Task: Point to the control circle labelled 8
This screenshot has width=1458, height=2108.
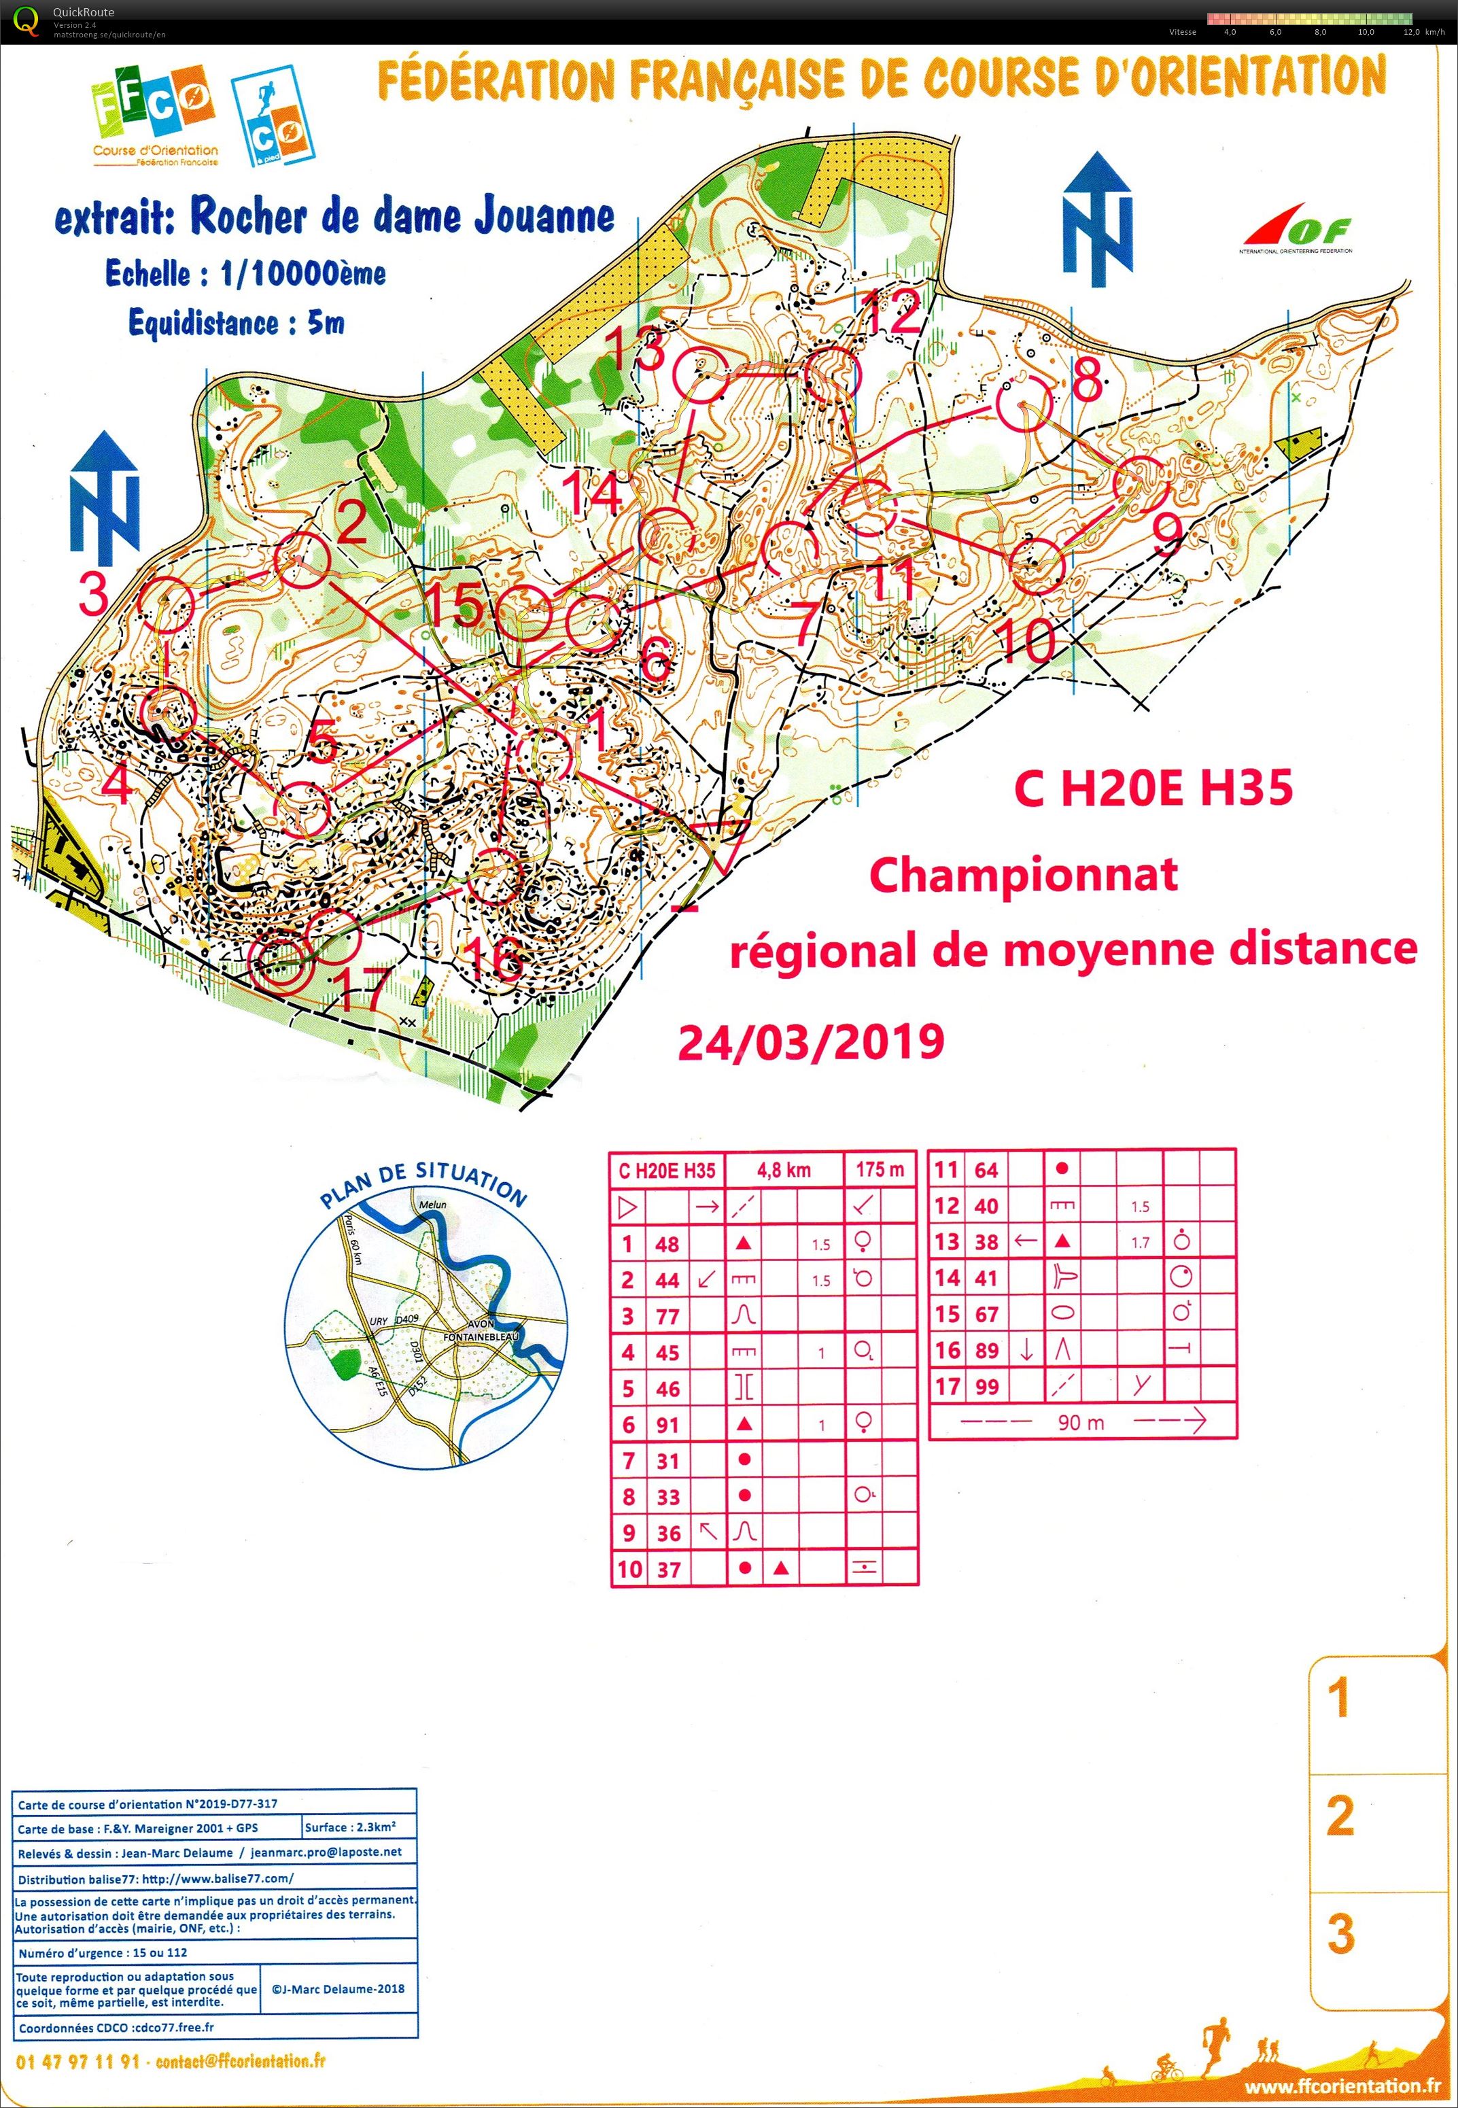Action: pos(1023,406)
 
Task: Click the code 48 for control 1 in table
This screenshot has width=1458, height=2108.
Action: pos(667,1243)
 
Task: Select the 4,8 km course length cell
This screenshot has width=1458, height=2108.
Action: pos(784,1170)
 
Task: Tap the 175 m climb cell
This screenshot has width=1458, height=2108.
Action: pos(880,1170)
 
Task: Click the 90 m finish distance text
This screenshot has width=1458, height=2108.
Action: pos(1081,1422)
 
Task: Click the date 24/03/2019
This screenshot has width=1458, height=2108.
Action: pos(811,1041)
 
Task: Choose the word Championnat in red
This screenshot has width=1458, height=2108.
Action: pos(1022,875)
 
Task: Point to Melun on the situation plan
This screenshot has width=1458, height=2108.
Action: pos(432,1205)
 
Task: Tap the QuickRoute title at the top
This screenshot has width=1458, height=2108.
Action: pos(83,12)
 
